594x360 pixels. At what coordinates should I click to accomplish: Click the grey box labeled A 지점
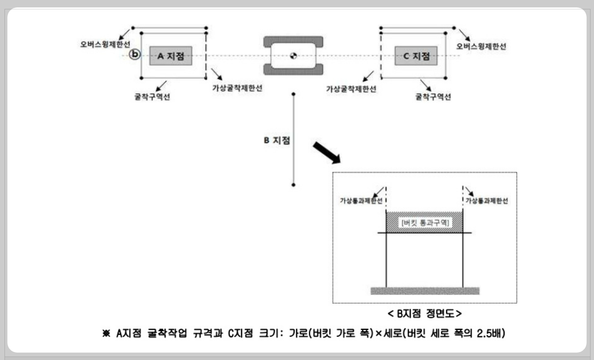coord(170,56)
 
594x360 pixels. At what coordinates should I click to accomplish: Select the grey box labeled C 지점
coord(416,56)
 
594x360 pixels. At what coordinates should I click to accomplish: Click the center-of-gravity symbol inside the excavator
coord(293,55)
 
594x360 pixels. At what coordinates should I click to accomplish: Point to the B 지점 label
coord(276,140)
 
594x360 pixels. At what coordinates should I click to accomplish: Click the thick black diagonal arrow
coord(327,153)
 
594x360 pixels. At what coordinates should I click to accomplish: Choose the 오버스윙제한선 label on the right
coord(481,46)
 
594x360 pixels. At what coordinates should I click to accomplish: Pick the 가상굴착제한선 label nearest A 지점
coord(237,89)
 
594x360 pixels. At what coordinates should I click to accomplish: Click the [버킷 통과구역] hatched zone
coord(424,223)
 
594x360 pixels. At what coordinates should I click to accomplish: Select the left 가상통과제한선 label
coord(361,201)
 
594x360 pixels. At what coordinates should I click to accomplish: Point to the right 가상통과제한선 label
coord(486,201)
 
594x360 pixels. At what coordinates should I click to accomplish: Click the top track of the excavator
coord(293,40)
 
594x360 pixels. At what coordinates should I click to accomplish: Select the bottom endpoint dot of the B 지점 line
coord(294,185)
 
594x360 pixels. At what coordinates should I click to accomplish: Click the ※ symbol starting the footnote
coord(105,334)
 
